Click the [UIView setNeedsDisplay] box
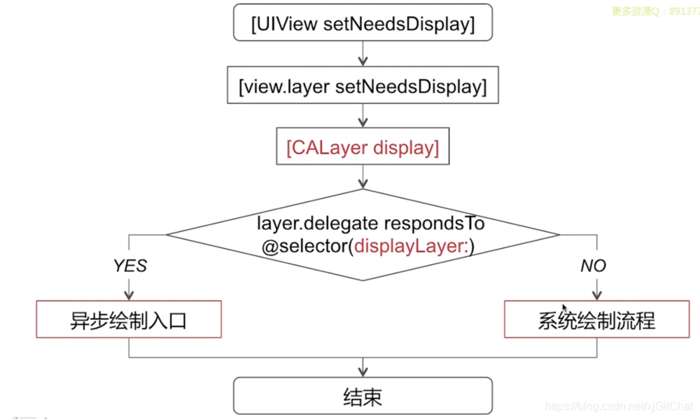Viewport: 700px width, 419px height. click(x=363, y=25)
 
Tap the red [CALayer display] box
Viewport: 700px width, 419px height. click(x=363, y=148)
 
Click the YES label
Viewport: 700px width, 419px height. click(x=129, y=266)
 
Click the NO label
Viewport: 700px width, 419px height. click(x=594, y=266)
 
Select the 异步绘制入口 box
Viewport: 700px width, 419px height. click(x=129, y=320)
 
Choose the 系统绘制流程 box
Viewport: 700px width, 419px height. click(x=596, y=320)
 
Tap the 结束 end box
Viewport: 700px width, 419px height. click(x=363, y=397)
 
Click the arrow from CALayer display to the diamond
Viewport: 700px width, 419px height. click(x=363, y=177)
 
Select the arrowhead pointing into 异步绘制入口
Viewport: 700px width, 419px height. click(x=129, y=295)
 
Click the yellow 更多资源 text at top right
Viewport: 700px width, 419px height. click(x=630, y=11)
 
